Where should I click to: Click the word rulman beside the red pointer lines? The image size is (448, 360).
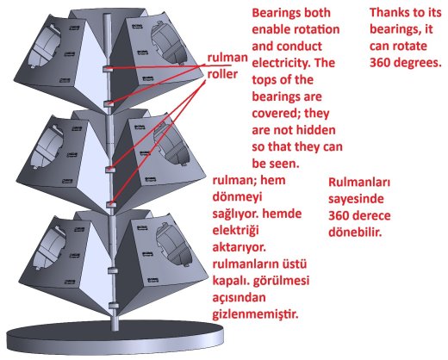[227, 58]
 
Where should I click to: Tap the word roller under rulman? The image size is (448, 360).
[222, 74]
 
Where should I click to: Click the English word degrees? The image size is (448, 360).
[420, 63]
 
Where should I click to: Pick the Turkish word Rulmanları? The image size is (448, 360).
[359, 183]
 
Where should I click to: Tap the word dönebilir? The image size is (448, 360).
[355, 233]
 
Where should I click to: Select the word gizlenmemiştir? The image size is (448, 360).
[255, 315]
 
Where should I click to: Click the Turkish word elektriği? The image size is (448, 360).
[235, 231]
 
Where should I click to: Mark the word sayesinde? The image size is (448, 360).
[356, 199]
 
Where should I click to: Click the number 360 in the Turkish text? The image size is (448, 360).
[339, 216]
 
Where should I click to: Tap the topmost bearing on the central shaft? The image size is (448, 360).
[108, 69]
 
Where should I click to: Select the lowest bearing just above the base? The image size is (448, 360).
[114, 306]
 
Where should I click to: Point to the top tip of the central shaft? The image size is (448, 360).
[107, 16]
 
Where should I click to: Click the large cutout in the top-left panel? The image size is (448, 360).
[47, 46]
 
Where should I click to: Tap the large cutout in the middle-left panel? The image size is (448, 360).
[46, 147]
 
